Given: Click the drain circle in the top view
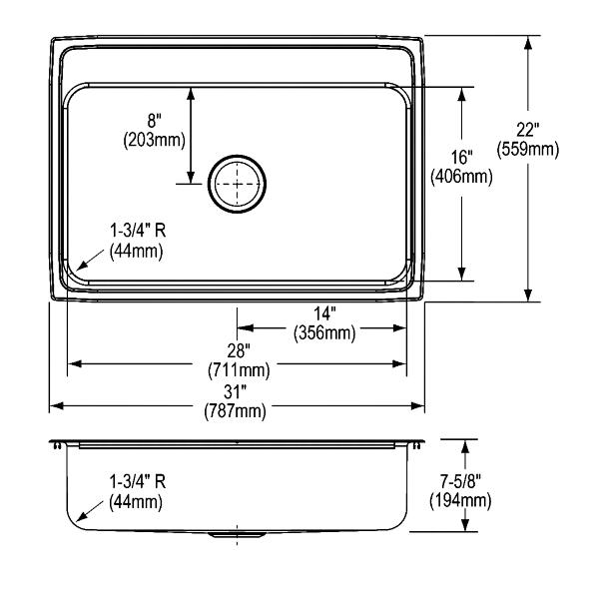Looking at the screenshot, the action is point(237,157).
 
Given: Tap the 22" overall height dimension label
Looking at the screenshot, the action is point(527,130).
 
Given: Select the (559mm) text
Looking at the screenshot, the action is point(527,149).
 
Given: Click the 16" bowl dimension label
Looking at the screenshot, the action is point(462,157).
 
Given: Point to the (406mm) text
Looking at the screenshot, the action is point(461,177).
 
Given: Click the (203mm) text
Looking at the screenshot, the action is point(155,140).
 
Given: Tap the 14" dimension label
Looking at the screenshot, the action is point(324,314).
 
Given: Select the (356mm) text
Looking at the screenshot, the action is point(324,333).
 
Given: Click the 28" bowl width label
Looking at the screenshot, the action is point(239,350).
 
